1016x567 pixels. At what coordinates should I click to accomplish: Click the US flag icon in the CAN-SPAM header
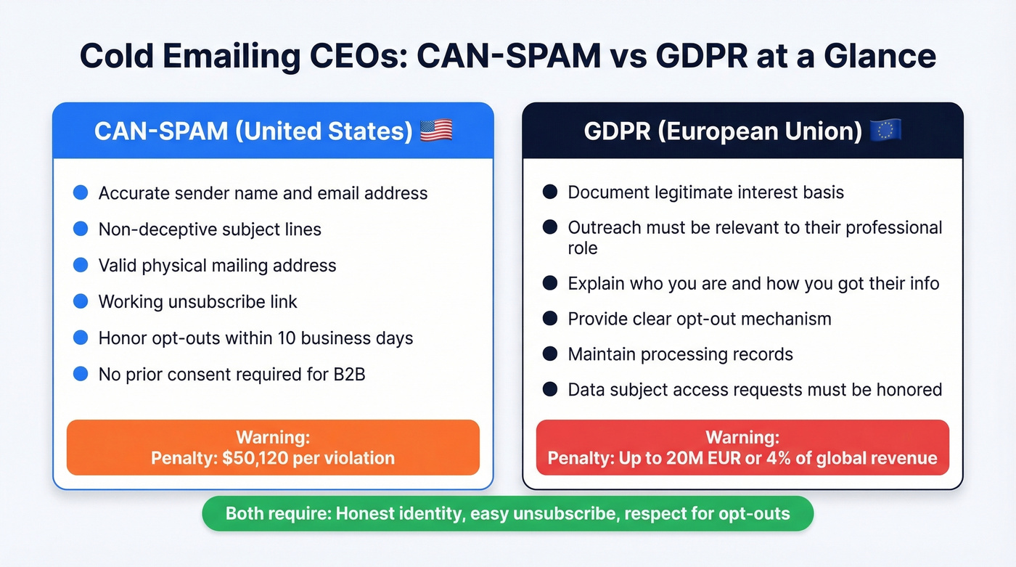(x=436, y=131)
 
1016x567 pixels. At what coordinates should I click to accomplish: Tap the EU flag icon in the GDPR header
(x=885, y=131)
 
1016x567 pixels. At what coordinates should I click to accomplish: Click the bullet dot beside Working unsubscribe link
(x=81, y=301)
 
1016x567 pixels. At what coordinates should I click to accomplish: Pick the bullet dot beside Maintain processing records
(x=550, y=354)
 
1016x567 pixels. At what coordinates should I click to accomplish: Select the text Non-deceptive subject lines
(x=210, y=229)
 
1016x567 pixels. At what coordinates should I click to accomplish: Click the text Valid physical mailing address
(x=217, y=266)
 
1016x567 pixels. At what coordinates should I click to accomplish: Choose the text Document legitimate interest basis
(x=705, y=192)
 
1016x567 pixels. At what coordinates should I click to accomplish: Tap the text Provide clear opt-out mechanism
(x=700, y=319)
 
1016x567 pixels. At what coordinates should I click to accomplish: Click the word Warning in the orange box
(x=272, y=438)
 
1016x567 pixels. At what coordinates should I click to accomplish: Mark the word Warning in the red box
(x=742, y=438)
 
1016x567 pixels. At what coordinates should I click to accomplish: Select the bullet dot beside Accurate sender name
(x=81, y=192)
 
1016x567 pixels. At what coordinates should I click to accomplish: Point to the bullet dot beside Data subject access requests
(x=550, y=389)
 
